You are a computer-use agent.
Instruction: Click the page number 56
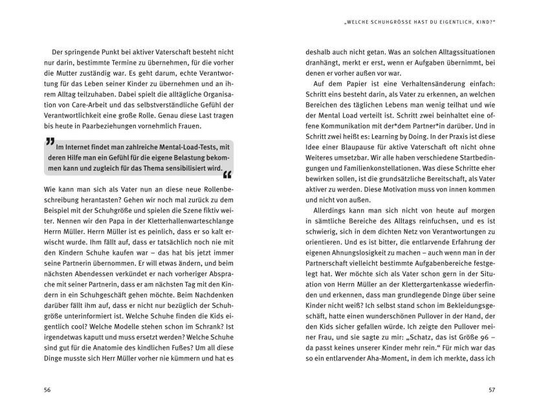tap(46, 389)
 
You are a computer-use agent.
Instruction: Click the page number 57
tap(493, 389)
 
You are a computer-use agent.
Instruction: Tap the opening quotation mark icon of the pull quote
tap(50, 142)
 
